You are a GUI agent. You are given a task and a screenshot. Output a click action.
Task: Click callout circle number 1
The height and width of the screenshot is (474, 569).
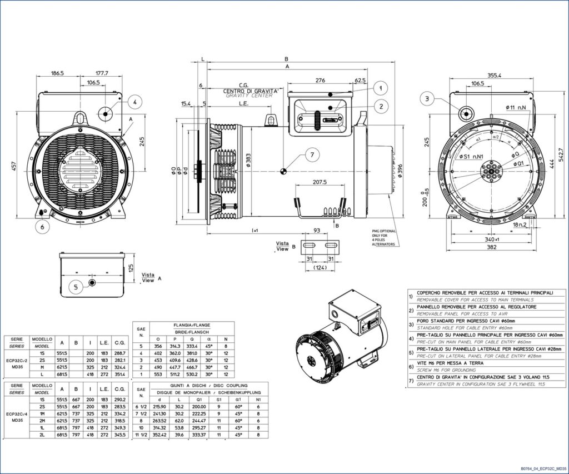pos(380,88)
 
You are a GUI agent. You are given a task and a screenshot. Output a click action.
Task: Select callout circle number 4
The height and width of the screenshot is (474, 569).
pos(134,101)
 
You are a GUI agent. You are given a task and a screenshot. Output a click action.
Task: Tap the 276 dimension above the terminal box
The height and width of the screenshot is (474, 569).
pos(320,81)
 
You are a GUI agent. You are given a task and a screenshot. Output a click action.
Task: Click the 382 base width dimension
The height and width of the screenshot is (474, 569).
pos(491,247)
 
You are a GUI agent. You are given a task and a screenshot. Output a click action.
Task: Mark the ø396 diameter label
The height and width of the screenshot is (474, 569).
pos(400,172)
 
